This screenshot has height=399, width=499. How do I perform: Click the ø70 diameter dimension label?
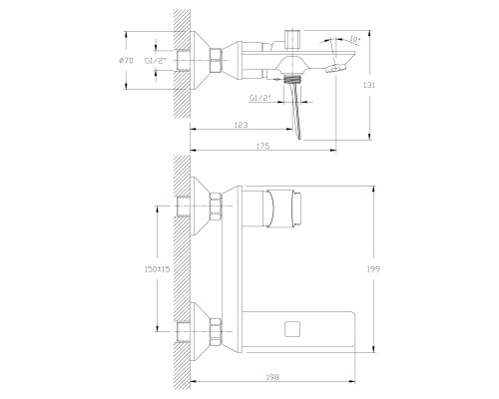coord(126,61)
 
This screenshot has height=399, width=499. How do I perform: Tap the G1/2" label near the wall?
coord(155,61)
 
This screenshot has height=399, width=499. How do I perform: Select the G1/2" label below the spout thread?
coord(260,98)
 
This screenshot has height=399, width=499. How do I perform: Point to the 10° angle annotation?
coord(355,40)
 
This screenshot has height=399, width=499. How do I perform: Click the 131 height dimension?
coord(369,85)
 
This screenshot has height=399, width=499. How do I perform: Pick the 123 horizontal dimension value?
coord(242,125)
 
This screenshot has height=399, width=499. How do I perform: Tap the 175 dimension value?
coord(263,146)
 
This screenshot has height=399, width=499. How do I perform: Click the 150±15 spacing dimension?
coord(157,269)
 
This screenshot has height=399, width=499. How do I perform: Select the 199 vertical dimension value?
coord(373,269)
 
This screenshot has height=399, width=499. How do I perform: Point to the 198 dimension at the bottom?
coord(272,377)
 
